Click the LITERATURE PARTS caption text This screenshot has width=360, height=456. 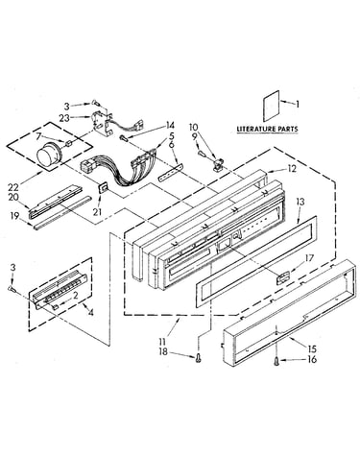point(267,129)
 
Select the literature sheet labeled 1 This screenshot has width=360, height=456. point(272,106)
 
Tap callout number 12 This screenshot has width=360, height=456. point(292,169)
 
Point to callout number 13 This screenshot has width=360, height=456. point(300,202)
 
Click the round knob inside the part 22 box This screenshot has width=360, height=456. point(47,156)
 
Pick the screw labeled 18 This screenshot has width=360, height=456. point(199,358)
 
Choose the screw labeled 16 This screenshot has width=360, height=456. point(276,361)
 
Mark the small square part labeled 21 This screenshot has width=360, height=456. point(103,188)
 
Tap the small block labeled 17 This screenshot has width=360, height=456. point(282,277)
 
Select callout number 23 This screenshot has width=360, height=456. point(64,118)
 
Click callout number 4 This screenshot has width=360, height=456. point(91,312)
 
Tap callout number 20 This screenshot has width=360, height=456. point(13,198)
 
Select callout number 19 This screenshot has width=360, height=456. point(13,216)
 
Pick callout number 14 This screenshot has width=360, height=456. point(170,125)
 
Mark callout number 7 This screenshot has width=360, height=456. point(38,136)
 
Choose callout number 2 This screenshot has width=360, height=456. point(75,296)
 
